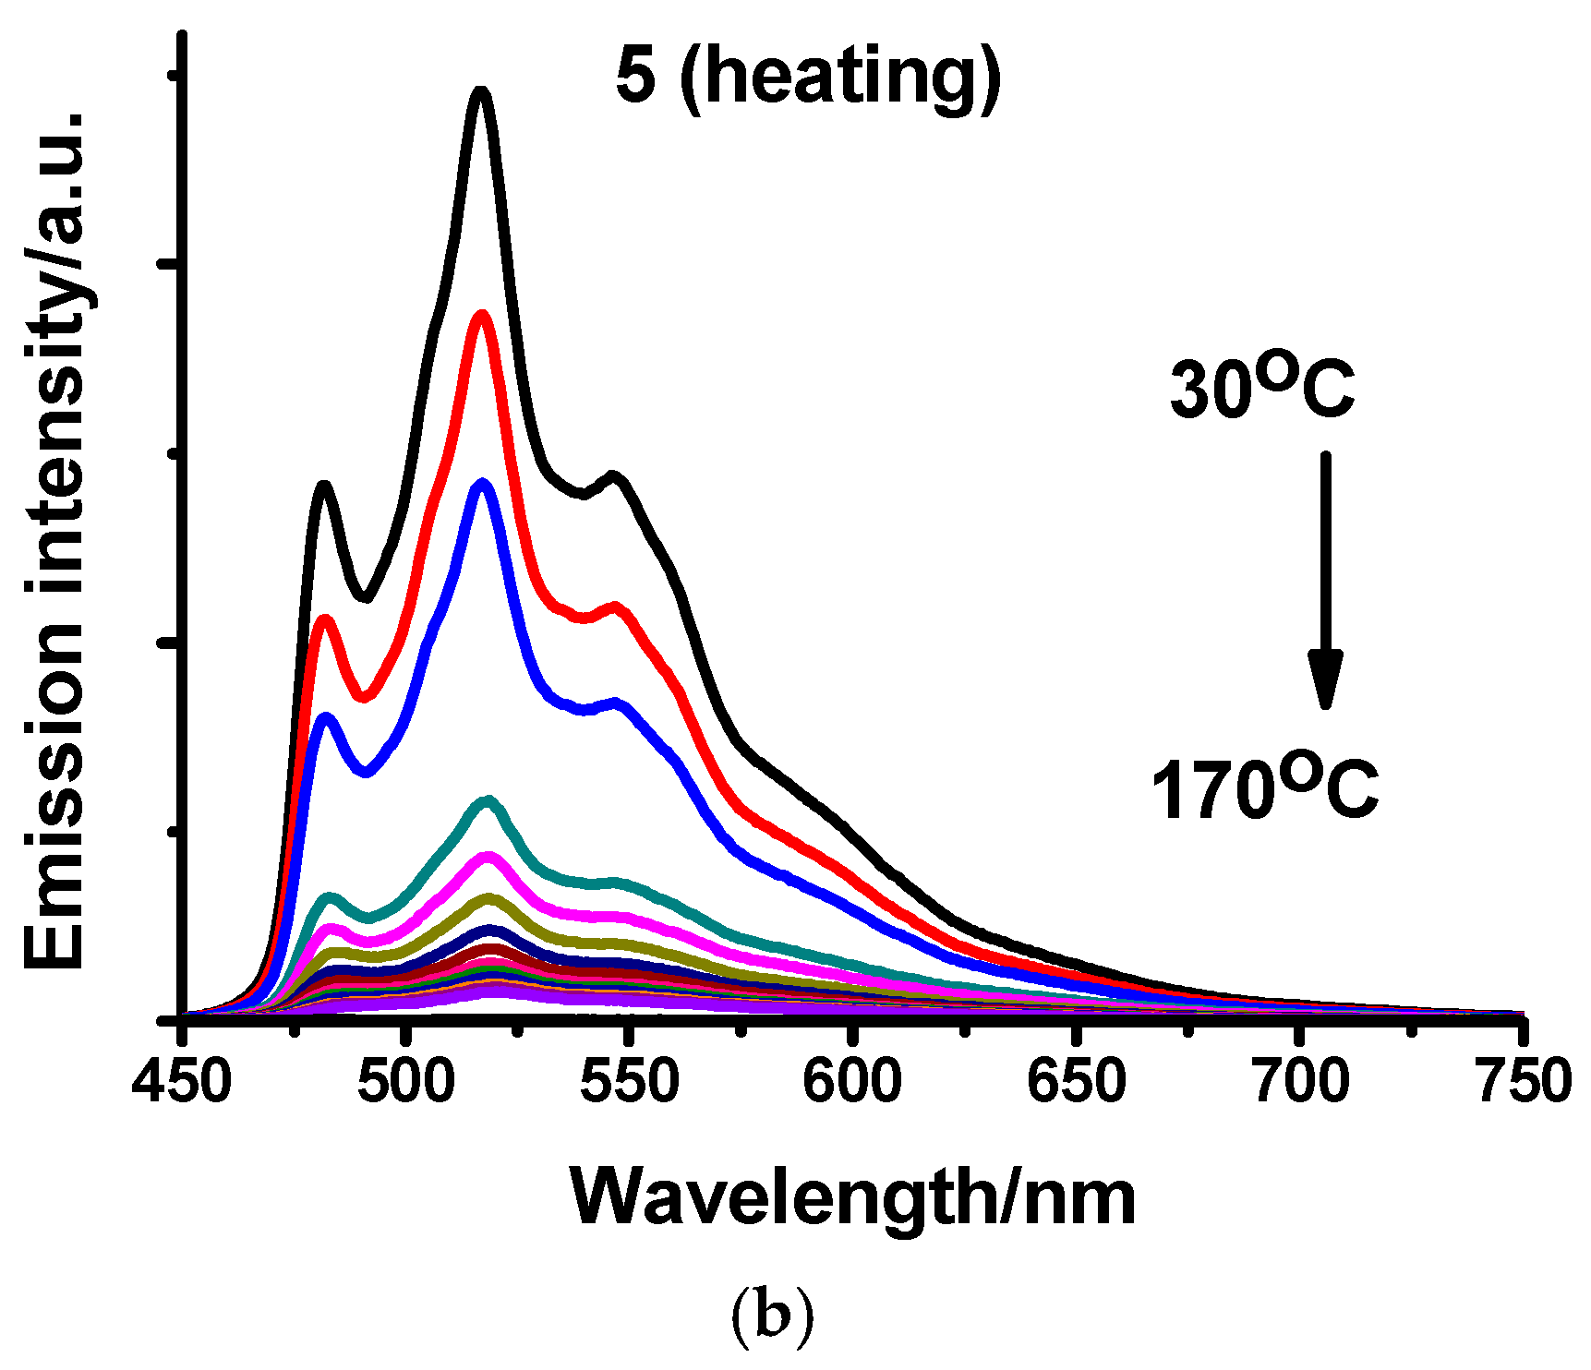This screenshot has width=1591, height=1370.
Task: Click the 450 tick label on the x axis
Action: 182,1080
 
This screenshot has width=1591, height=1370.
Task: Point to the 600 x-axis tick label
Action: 852,1080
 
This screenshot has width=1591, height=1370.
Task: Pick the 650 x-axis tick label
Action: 1077,1080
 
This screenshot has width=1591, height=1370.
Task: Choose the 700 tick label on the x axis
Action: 1300,1080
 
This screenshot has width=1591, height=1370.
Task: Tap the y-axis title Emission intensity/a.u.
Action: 57,540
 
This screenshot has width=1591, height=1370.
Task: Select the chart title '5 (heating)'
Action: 808,78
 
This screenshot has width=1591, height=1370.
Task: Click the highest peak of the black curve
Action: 480,91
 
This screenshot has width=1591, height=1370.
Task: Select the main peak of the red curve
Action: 480,316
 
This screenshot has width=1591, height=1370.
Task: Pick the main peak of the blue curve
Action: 481,484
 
